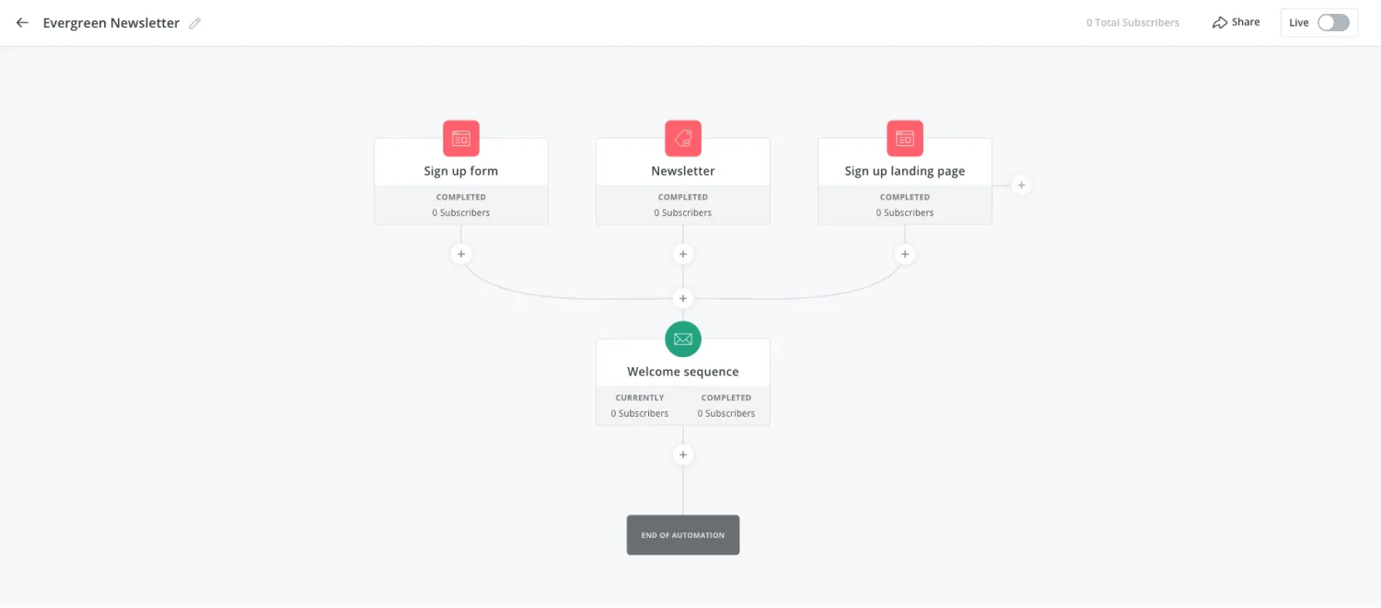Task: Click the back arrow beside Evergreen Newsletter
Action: coord(22,23)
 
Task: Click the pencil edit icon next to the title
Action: coord(195,23)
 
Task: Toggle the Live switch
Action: coord(1333,23)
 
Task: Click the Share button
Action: coord(1236,22)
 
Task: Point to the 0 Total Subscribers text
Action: coord(1132,23)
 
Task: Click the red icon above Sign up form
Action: coord(461,138)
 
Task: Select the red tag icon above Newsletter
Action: coord(683,138)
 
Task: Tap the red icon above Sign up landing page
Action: coord(905,138)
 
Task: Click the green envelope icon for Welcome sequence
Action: coord(683,338)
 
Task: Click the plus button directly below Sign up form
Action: coord(461,254)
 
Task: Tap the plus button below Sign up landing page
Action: coord(905,254)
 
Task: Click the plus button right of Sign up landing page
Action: coord(1022,185)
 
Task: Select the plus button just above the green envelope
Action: coord(683,298)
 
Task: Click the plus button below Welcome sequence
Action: coord(683,454)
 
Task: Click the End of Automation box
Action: coord(683,534)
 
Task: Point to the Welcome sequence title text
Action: coord(683,372)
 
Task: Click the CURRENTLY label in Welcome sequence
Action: coord(640,397)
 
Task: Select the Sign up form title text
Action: coord(461,171)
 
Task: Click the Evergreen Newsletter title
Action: coord(111,23)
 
